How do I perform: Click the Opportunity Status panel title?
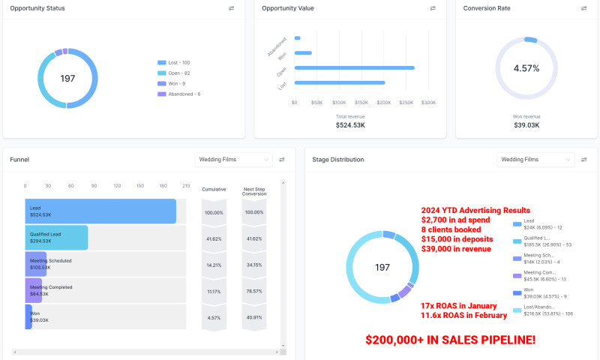pyautogui.click(x=37, y=8)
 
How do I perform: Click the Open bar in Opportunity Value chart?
pyautogui.click(x=354, y=67)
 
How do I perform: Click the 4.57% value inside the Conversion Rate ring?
pyautogui.click(x=526, y=68)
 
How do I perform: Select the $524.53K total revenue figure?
pyautogui.click(x=351, y=125)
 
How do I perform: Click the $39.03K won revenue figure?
pyautogui.click(x=526, y=125)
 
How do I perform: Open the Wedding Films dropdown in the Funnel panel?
pyautogui.click(x=234, y=159)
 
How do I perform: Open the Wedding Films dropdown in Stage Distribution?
pyautogui.click(x=536, y=159)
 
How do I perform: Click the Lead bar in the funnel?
pyautogui.click(x=100, y=211)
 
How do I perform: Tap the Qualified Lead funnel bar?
pyautogui.click(x=56, y=238)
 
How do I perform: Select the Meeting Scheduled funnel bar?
pyautogui.click(x=36, y=264)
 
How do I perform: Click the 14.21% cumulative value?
pyautogui.click(x=214, y=265)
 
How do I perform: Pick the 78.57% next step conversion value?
pyautogui.click(x=254, y=291)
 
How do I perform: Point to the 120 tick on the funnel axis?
pyautogui.click(x=117, y=185)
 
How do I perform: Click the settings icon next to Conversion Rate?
pyautogui.click(x=584, y=8)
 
